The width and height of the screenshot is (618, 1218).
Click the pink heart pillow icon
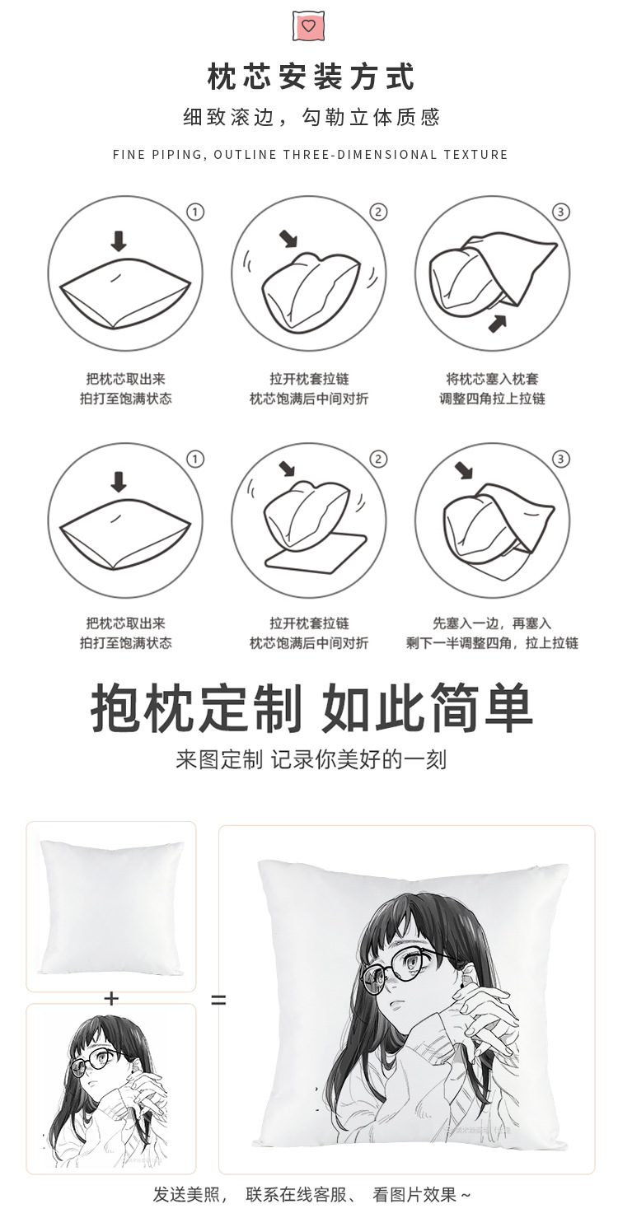point(308,26)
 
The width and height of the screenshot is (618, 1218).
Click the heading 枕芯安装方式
point(310,77)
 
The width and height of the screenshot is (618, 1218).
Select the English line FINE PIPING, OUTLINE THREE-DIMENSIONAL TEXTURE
point(310,155)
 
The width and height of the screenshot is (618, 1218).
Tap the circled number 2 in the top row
point(378,212)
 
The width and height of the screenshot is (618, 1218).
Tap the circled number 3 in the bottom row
point(561,459)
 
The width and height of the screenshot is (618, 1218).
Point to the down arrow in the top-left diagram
point(119,240)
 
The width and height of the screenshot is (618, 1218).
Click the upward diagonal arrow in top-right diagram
point(497,323)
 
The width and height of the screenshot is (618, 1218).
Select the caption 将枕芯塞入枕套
point(492,380)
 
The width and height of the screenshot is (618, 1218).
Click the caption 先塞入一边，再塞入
point(492,623)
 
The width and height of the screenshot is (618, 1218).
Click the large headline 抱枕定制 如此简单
point(311,708)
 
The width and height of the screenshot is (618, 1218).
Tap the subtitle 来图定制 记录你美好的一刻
point(311,759)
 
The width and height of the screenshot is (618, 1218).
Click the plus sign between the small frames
point(111,998)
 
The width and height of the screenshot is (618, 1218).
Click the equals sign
point(218,1001)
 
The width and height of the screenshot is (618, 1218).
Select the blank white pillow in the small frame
point(110,906)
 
